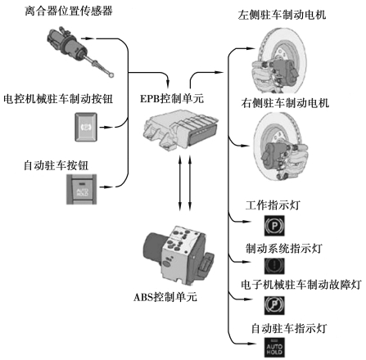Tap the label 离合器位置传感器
(69, 11)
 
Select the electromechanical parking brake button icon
(86, 127)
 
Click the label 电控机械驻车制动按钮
(58, 99)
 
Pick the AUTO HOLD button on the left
(82, 190)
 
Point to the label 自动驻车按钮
(56, 165)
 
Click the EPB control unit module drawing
(180, 130)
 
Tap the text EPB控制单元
(172, 98)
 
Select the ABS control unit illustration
(178, 254)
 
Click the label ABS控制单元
(165, 297)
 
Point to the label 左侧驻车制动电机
(282, 15)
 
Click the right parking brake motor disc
(281, 146)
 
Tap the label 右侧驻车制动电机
(285, 103)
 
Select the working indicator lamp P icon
(274, 226)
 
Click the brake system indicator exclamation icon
(274, 266)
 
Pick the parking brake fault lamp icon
(274, 305)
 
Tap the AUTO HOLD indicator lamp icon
(274, 348)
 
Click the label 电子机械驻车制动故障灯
(301, 285)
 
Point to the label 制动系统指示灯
(284, 248)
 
